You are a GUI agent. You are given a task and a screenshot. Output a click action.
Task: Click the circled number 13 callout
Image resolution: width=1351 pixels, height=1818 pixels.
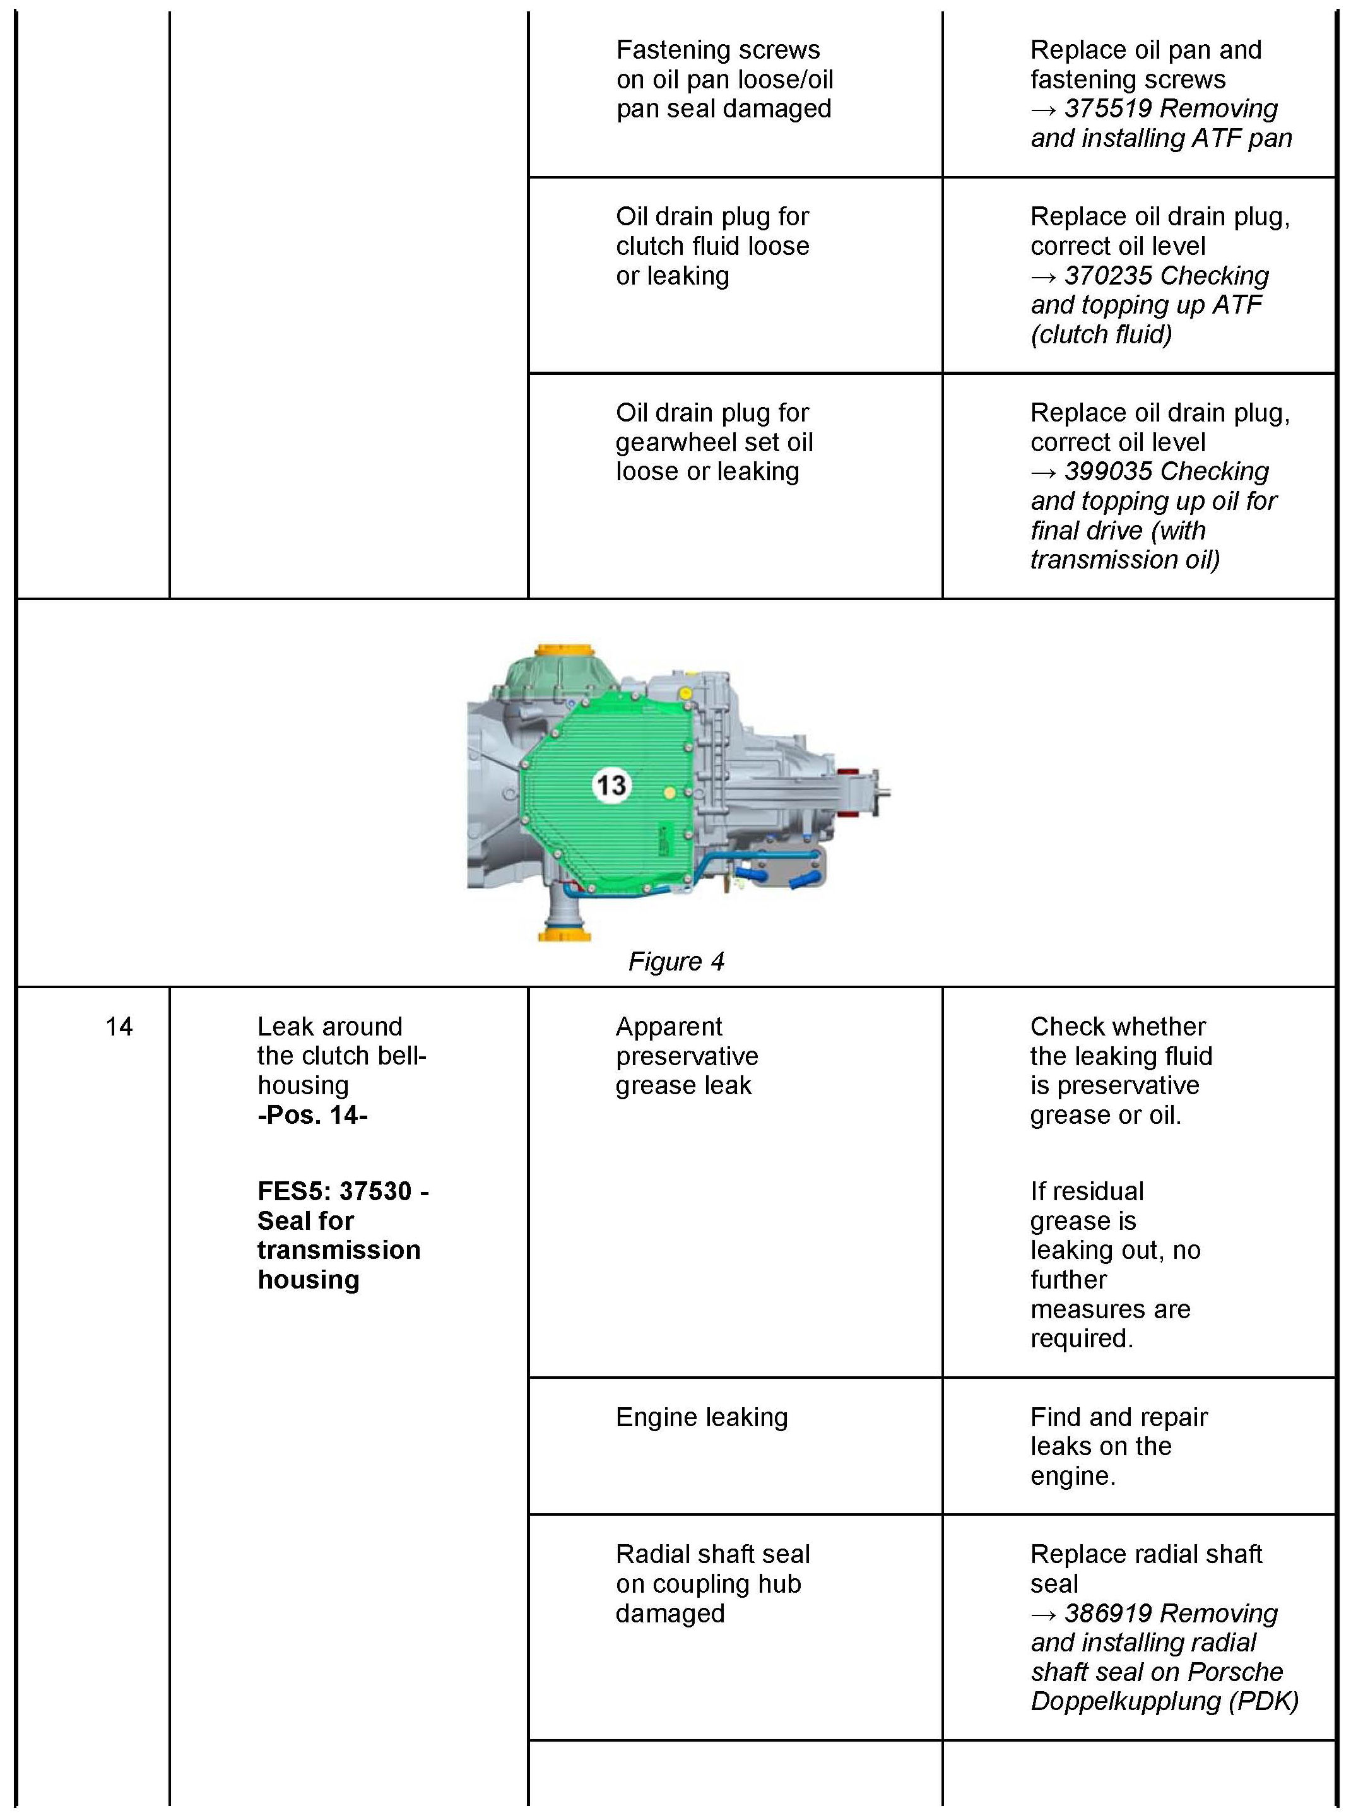(x=611, y=785)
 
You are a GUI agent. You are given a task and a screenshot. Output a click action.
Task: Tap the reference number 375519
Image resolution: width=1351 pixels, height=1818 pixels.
(x=1108, y=109)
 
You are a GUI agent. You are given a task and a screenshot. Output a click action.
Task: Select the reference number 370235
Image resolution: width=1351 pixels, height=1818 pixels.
(x=1108, y=276)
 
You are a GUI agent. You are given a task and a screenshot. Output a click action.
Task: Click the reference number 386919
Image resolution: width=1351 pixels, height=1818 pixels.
(x=1108, y=1614)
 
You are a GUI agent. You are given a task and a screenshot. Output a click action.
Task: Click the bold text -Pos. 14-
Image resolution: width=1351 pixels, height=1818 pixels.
(x=312, y=1114)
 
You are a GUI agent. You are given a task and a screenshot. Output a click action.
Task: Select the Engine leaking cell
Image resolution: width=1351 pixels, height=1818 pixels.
(x=702, y=1417)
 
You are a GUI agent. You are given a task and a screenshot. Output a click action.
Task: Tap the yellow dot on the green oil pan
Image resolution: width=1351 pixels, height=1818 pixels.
(x=670, y=793)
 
